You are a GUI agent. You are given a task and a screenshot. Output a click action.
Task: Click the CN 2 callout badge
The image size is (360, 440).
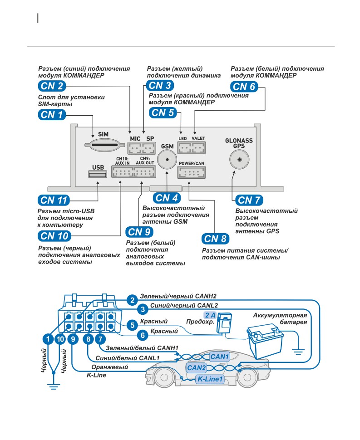tap(52, 86)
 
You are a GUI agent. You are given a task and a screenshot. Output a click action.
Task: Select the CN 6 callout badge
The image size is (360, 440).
tap(244, 87)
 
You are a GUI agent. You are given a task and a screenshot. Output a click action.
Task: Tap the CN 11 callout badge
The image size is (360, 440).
tap(54, 200)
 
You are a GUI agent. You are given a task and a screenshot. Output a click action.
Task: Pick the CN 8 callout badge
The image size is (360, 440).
tap(215, 239)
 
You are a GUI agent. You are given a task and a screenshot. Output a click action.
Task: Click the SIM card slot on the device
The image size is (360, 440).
tap(104, 145)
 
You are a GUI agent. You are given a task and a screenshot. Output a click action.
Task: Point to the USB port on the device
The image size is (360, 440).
tap(98, 174)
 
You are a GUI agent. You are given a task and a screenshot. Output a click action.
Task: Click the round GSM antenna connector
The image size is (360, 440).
tap(167, 159)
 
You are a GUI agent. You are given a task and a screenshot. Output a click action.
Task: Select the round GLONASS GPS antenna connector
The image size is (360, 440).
tap(239, 159)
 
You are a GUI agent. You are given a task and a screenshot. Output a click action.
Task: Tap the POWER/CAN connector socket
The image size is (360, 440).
tap(192, 172)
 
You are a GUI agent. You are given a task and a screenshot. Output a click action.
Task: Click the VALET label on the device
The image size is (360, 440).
tap(198, 138)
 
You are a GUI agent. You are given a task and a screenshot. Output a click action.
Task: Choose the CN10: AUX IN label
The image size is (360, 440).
tap(123, 161)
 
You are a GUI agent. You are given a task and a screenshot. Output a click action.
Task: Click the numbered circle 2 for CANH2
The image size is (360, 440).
tap(132, 300)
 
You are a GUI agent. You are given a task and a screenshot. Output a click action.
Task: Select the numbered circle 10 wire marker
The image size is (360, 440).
tap(60, 339)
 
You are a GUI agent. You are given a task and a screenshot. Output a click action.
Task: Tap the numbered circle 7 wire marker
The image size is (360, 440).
tap(100, 339)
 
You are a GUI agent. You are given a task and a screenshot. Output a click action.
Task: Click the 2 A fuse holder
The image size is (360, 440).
tap(225, 323)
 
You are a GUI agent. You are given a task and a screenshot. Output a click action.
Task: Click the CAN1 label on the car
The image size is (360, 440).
tap(220, 357)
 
